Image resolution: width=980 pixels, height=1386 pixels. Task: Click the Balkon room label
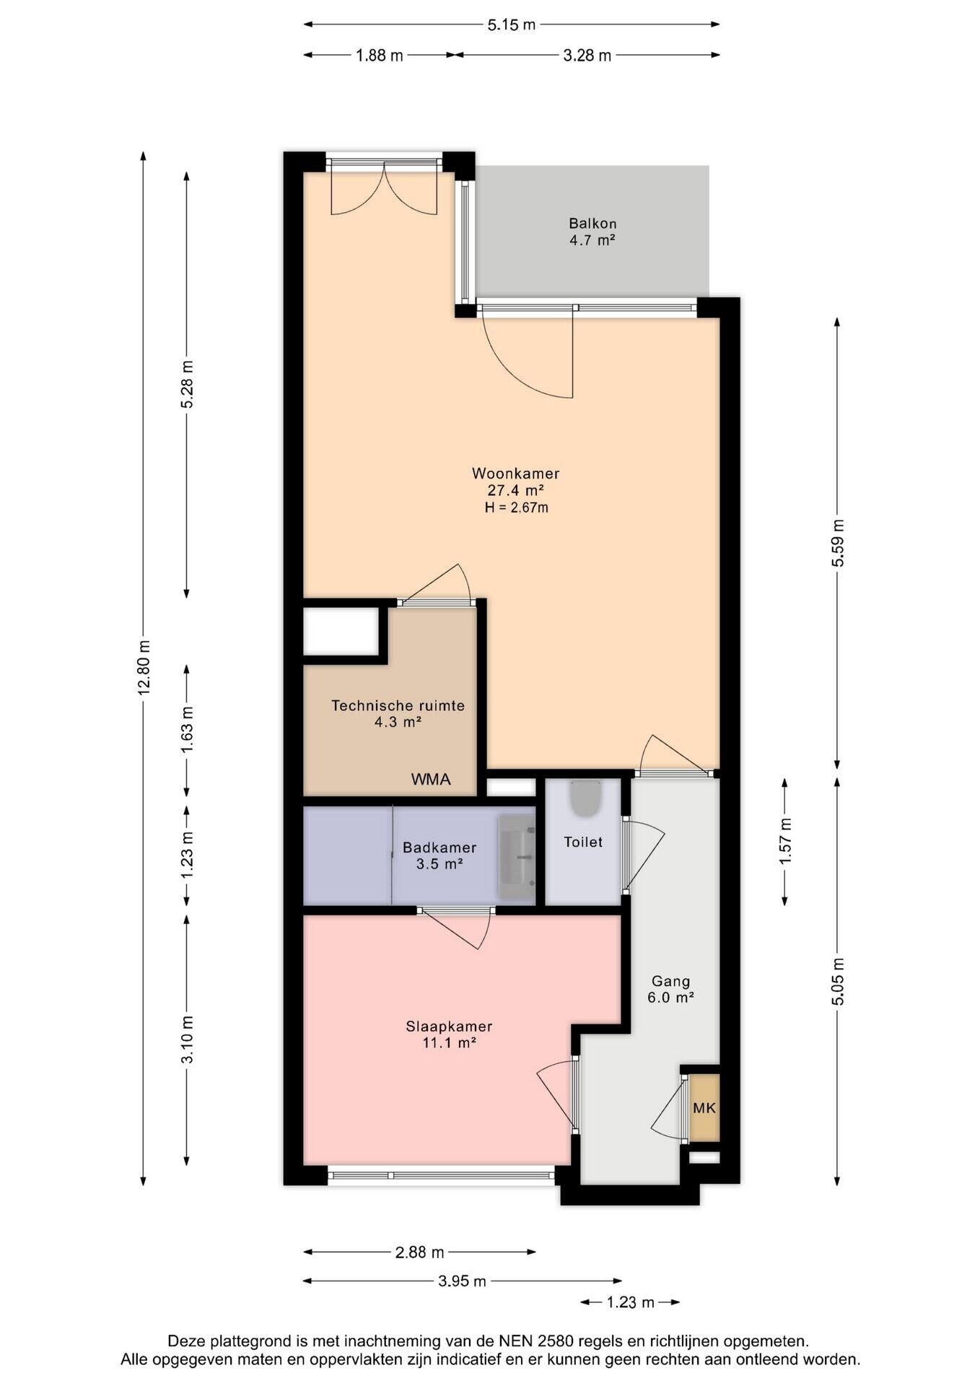point(592,224)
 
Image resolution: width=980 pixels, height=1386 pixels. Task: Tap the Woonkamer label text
point(516,474)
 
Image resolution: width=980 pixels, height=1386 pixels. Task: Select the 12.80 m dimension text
point(144,667)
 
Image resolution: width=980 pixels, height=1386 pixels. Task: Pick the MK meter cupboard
point(704,1107)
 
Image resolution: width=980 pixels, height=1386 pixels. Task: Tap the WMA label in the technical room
point(431,780)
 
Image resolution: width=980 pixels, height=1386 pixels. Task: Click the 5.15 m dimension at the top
point(512,25)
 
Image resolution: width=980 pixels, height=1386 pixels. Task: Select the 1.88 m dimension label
point(380,55)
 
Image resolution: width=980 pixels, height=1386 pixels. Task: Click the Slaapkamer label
point(449,1027)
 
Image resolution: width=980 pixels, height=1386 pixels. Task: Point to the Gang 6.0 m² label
point(672,990)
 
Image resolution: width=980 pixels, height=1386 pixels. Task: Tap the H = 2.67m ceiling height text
point(516,507)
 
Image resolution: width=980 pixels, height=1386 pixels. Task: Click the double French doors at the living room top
point(384,188)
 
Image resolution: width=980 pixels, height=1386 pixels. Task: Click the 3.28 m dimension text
point(587,55)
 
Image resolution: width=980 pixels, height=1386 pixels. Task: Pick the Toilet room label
point(583,842)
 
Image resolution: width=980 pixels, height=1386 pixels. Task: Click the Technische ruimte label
point(398,705)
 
